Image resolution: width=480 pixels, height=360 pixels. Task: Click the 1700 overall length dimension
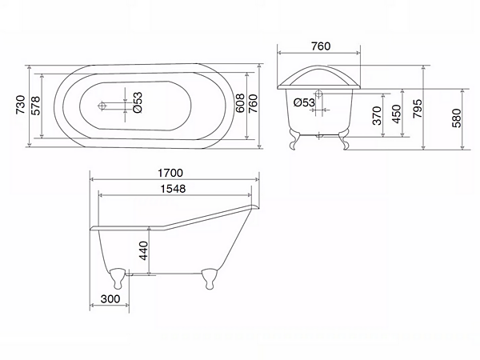[x=170, y=173]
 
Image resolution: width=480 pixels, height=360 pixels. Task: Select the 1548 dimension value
[x=174, y=189]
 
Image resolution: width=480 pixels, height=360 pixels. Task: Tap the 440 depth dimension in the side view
[x=143, y=250]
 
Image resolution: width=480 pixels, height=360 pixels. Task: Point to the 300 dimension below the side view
[x=110, y=298]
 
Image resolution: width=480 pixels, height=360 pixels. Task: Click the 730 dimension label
[x=21, y=105]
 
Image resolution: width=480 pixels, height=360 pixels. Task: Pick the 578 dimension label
[x=36, y=106]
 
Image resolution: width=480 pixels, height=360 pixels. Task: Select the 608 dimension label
[x=240, y=103]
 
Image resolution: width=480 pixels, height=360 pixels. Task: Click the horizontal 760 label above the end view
[x=321, y=46]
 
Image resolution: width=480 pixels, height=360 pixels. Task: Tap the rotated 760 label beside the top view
[x=253, y=103]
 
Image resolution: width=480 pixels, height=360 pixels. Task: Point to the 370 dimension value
[x=377, y=115]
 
